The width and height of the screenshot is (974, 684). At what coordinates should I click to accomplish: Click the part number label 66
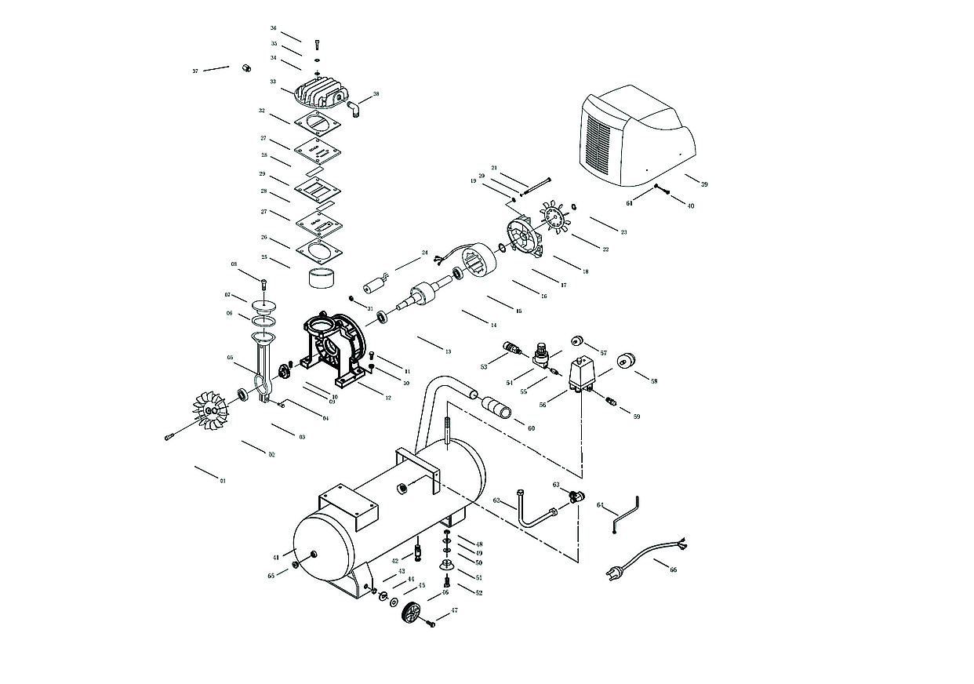[673, 570]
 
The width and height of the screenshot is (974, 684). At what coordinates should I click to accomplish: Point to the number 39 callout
[704, 184]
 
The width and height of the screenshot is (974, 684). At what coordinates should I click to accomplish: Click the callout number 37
[195, 71]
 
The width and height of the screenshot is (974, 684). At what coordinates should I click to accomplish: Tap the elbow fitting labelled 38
[354, 106]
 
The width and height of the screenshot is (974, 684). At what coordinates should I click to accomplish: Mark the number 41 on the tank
[276, 557]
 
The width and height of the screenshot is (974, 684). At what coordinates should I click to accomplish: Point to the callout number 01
[223, 480]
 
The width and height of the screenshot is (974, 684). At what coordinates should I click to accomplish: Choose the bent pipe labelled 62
[537, 510]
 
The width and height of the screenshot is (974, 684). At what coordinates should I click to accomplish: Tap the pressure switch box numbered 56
[580, 373]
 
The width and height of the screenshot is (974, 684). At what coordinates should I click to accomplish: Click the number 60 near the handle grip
[531, 428]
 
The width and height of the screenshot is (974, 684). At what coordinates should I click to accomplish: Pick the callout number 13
[448, 351]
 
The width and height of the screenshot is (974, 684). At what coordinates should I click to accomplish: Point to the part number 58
[654, 381]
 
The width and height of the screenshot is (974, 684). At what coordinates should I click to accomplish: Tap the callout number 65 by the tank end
[271, 576]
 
